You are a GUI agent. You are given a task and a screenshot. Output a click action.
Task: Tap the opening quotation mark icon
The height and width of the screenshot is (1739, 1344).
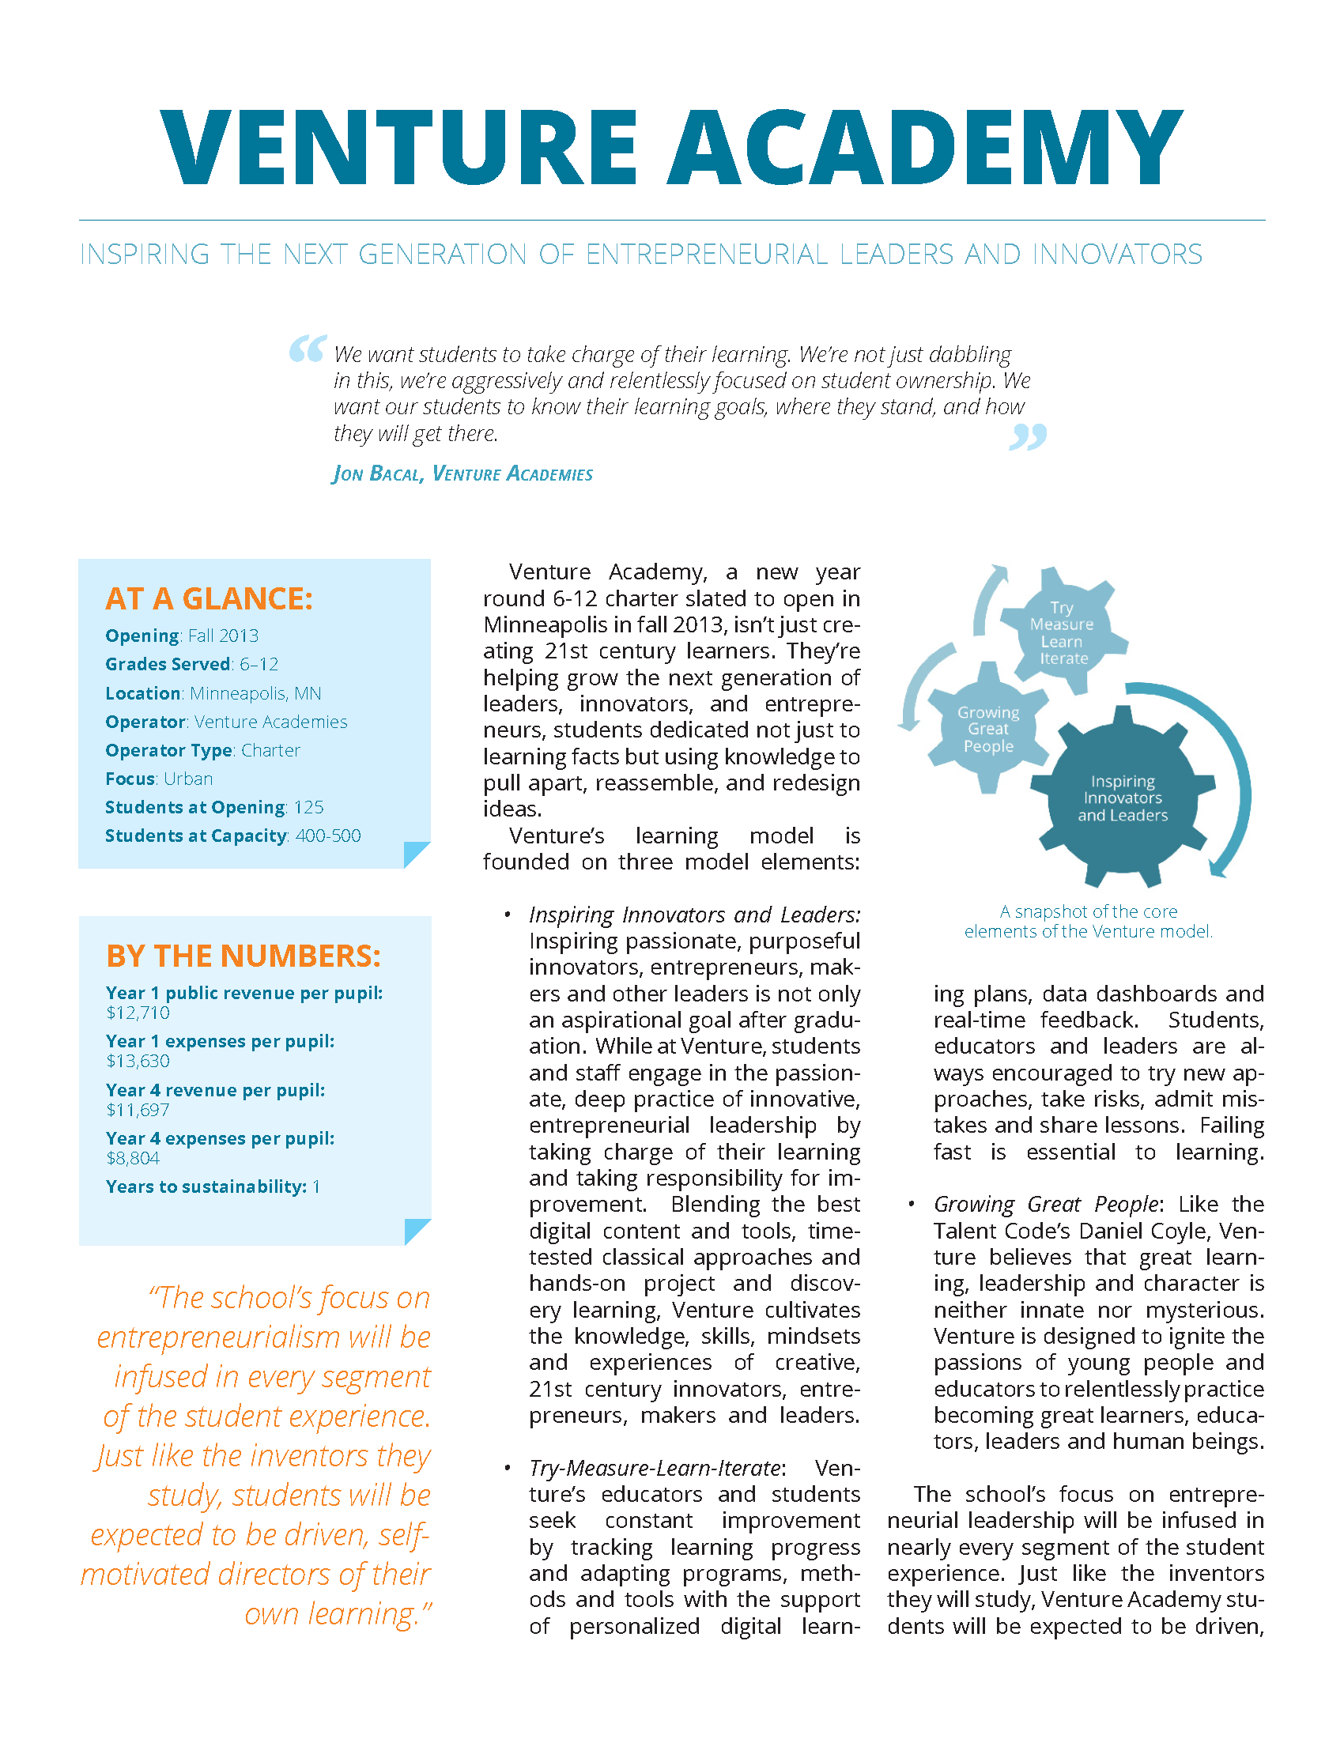tap(308, 348)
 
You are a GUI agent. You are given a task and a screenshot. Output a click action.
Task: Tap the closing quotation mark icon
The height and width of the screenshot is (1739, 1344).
tap(1028, 436)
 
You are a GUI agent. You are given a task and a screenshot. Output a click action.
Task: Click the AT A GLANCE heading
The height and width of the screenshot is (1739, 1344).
tap(209, 599)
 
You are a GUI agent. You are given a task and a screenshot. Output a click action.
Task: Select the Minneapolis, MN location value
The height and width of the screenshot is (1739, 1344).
tap(255, 692)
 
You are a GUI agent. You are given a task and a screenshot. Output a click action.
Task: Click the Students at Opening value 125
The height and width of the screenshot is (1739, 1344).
tap(309, 806)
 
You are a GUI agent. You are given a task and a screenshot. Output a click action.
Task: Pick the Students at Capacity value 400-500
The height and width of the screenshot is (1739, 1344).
tap(328, 836)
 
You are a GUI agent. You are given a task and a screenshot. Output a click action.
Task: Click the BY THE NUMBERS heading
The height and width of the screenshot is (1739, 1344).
tap(244, 956)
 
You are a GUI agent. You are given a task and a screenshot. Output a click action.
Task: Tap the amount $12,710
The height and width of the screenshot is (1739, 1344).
tap(138, 1012)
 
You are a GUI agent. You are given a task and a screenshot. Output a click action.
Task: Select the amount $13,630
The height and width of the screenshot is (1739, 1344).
tap(138, 1061)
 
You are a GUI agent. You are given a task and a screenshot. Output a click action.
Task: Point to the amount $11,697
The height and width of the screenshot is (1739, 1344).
tap(138, 1109)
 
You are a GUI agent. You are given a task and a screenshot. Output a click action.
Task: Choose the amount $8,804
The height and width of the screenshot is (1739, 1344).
tap(133, 1158)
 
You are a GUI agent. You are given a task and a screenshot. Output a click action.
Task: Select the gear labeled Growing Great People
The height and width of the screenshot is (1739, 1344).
tap(988, 729)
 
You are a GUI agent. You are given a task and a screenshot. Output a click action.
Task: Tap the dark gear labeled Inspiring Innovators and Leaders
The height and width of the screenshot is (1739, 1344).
tap(1123, 798)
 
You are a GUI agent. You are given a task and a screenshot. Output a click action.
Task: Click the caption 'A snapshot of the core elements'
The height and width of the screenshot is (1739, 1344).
tap(1088, 921)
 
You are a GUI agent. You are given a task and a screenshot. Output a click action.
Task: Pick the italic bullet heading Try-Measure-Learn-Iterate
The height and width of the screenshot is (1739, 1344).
tap(657, 1468)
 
